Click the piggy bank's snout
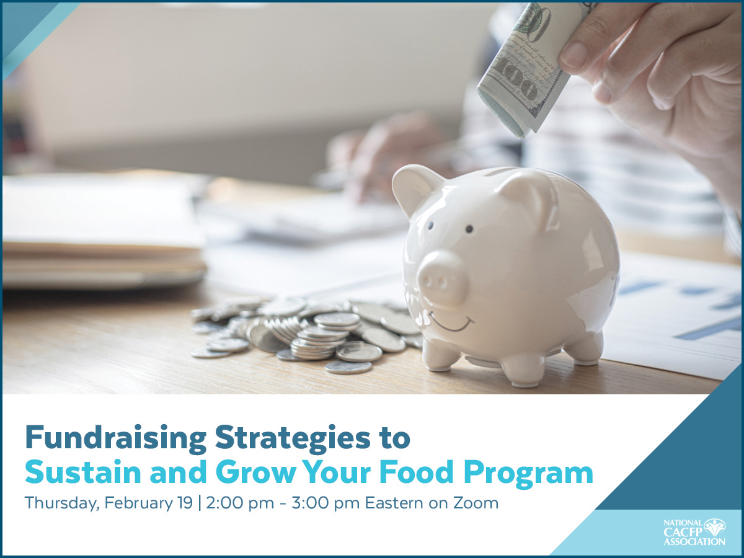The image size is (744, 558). pos(442,278)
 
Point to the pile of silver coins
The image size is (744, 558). pos(310,332)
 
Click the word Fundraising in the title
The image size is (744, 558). pos(116,439)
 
